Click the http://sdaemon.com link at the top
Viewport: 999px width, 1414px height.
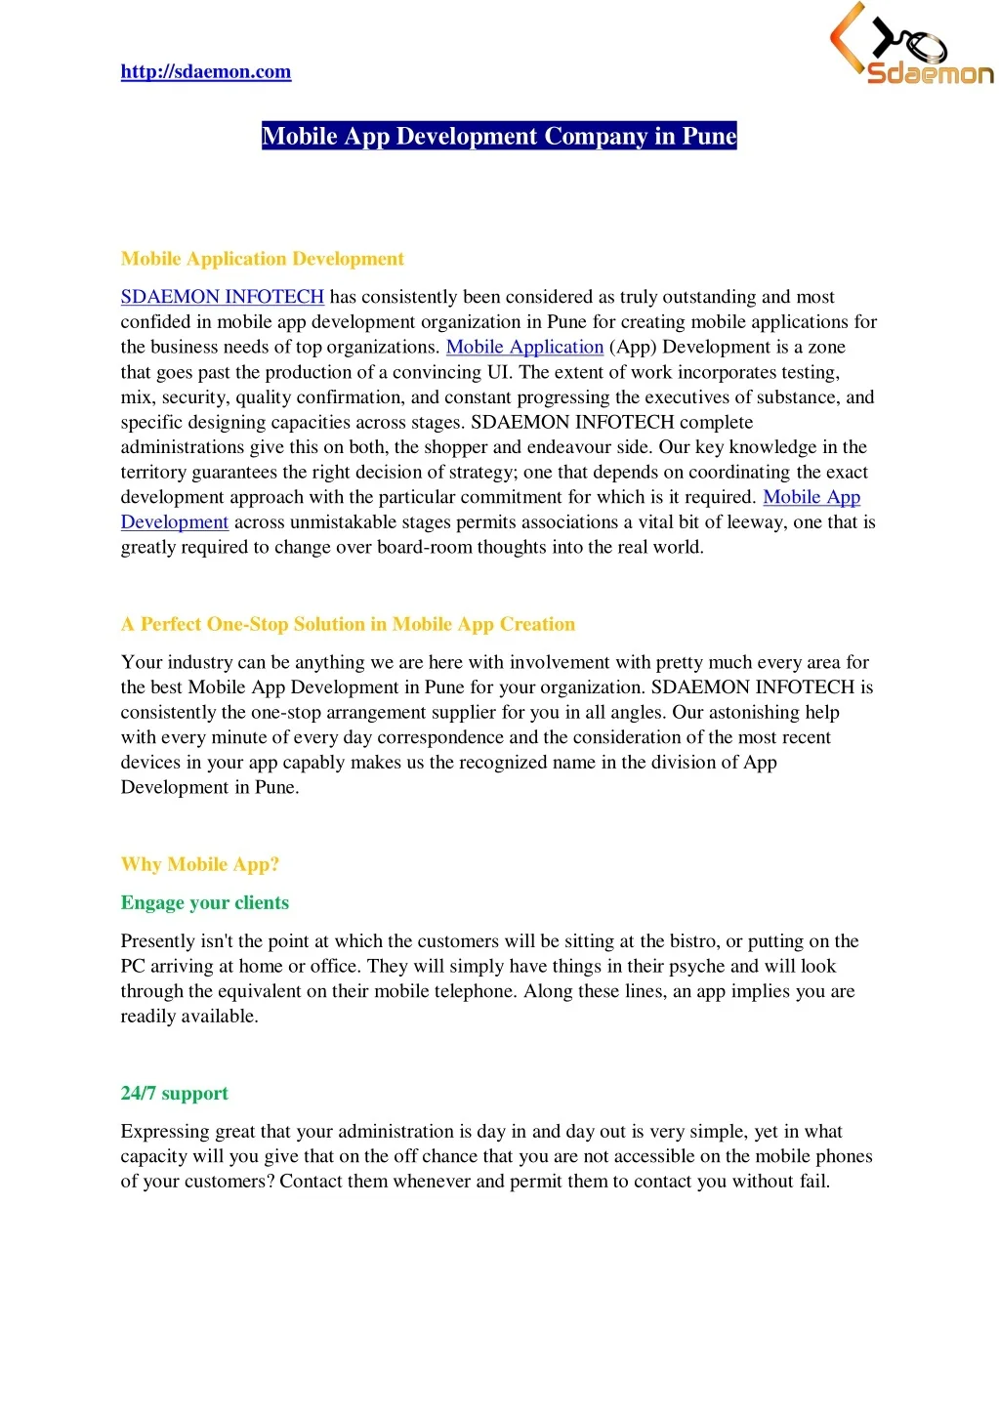click(205, 71)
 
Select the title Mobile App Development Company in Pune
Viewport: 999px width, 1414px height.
click(499, 136)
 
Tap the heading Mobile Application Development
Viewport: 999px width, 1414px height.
click(262, 259)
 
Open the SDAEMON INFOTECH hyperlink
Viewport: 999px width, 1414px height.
click(222, 297)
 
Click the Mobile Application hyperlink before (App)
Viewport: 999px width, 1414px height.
click(524, 347)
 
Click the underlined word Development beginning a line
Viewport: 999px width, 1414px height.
click(174, 522)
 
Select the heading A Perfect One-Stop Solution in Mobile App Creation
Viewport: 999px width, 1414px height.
click(348, 624)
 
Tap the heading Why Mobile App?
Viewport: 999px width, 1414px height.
click(199, 864)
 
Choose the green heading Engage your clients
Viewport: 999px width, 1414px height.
click(204, 902)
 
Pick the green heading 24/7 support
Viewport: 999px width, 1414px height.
click(174, 1093)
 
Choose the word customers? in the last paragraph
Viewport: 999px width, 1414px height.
click(231, 1182)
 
